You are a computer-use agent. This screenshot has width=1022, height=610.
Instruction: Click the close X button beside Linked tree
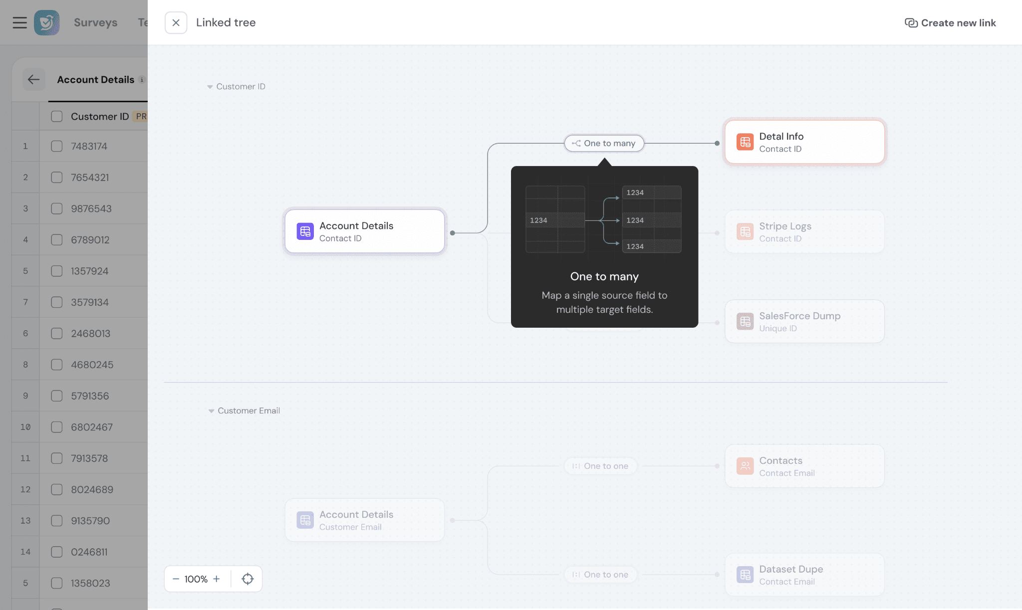pos(176,22)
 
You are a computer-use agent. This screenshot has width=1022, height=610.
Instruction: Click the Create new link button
pos(950,23)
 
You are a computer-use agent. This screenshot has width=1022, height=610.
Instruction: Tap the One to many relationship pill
pos(604,143)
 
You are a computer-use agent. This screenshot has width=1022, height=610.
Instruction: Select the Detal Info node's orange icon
pos(745,142)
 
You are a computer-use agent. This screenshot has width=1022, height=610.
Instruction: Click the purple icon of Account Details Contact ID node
pos(305,231)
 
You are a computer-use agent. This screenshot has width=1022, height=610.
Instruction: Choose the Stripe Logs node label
pos(785,226)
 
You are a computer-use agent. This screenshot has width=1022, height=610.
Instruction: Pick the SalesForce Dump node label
pos(799,316)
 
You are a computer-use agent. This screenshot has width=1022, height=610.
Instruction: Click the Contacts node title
pos(780,460)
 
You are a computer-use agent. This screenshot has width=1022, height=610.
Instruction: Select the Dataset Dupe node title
pos(791,569)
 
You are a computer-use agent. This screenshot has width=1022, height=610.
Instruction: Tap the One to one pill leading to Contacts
pos(600,466)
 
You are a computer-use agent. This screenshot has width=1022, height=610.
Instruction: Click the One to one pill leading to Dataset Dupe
pos(600,575)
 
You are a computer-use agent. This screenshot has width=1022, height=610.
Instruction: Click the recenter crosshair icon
pos(248,579)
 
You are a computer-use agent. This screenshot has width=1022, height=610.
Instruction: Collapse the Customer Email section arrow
pos(211,411)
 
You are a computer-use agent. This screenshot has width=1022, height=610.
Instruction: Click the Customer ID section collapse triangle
pos(210,87)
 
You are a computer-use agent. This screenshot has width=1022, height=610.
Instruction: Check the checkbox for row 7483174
pos(57,146)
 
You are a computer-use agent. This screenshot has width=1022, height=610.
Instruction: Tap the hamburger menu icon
pos(20,22)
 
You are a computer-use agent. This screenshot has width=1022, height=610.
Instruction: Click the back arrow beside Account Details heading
pos(33,79)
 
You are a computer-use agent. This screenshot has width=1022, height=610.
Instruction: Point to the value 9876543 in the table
pos(91,208)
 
